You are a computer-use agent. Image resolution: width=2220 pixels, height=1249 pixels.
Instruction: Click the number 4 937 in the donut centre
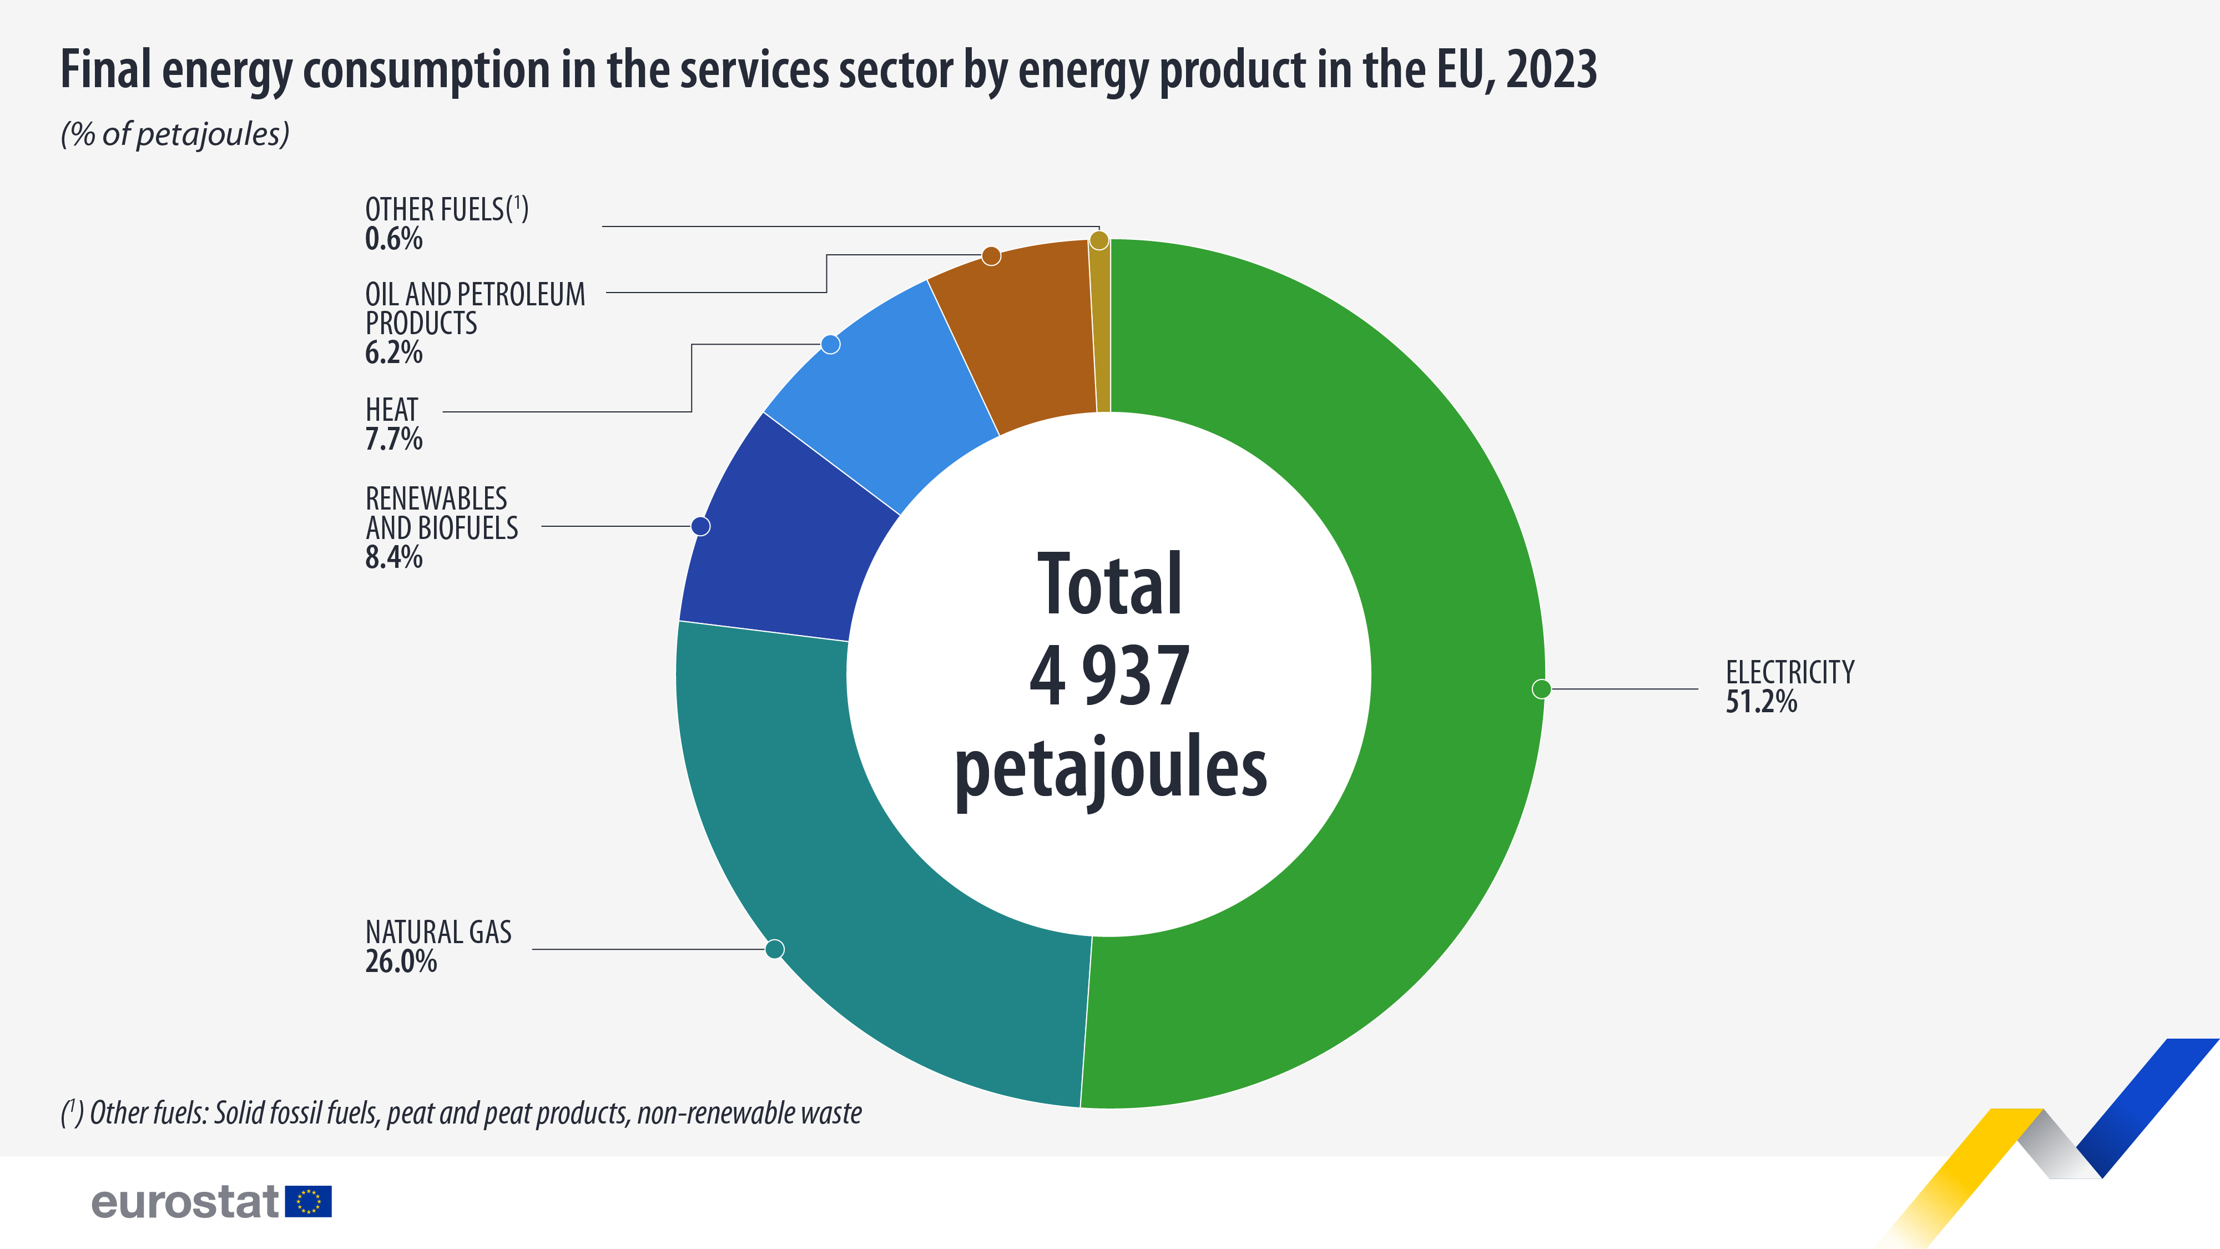[1110, 677]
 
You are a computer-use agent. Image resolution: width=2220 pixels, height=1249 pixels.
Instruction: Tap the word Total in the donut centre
[1110, 585]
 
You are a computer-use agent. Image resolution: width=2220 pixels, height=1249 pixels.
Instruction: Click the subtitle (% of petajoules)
[175, 134]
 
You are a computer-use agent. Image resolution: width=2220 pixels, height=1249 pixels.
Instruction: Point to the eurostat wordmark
[185, 1202]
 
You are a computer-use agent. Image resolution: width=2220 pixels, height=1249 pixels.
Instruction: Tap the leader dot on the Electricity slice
[1542, 689]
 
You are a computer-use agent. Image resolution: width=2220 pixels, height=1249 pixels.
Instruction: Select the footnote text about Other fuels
[461, 1113]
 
